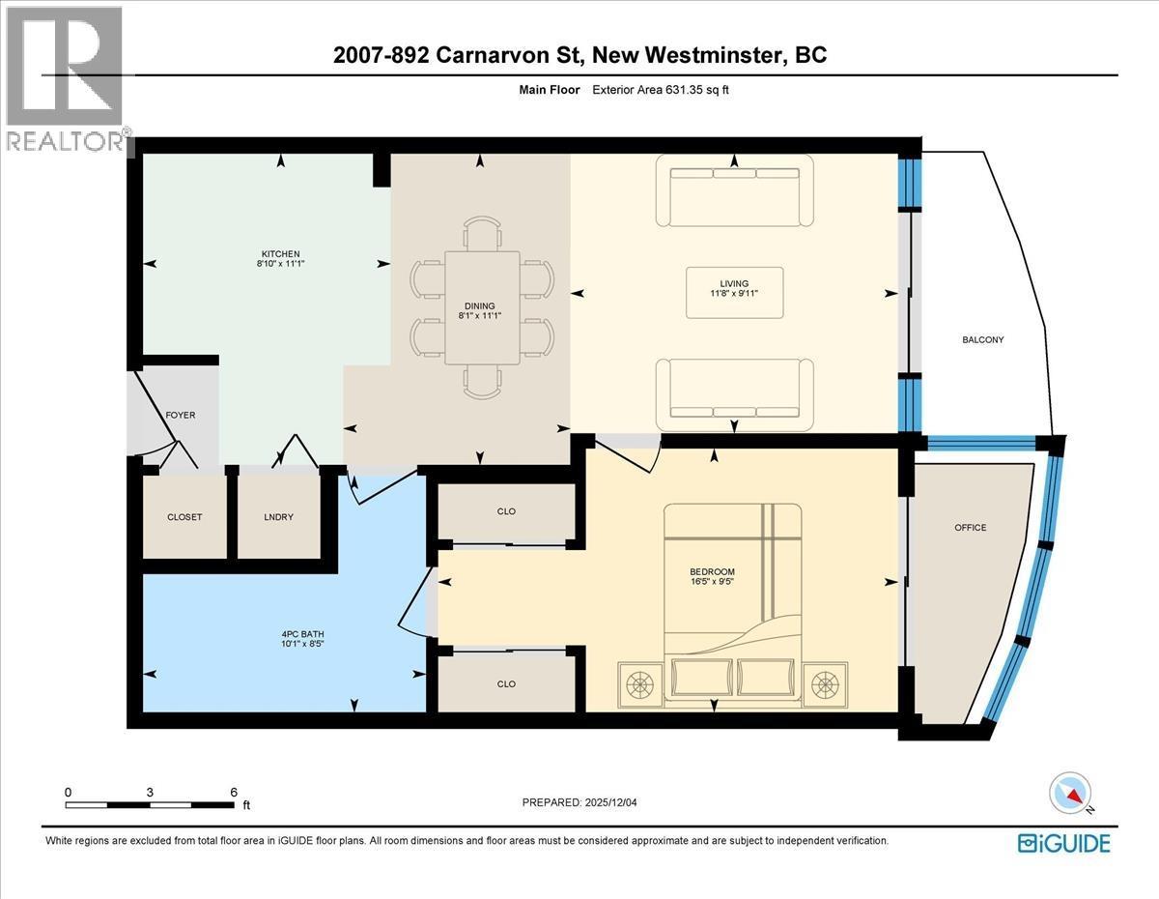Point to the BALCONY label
(983, 339)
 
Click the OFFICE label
(970, 527)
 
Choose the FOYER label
(180, 415)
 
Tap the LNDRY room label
(278, 517)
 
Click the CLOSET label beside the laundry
(184, 517)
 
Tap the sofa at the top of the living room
(734, 187)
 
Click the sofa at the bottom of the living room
(734, 394)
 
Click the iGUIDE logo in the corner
(1063, 843)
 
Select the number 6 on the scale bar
(233, 792)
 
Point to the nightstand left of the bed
(638, 684)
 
